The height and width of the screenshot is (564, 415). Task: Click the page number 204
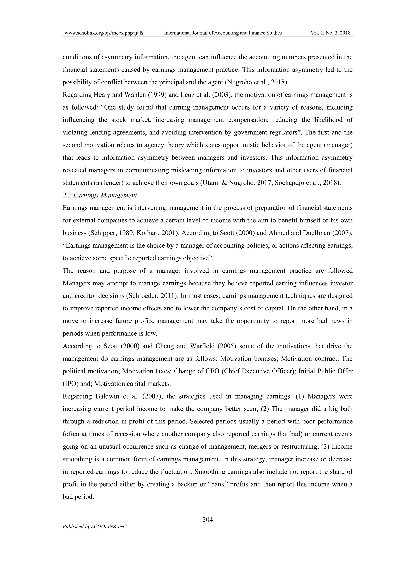coord(207,520)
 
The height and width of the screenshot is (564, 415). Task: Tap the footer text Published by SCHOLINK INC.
coord(95,526)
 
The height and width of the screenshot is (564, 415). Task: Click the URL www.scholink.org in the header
coord(104,33)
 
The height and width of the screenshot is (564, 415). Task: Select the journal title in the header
coord(223,33)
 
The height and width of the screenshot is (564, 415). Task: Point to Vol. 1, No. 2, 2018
coord(330,33)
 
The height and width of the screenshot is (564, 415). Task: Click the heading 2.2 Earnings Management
coord(100,195)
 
